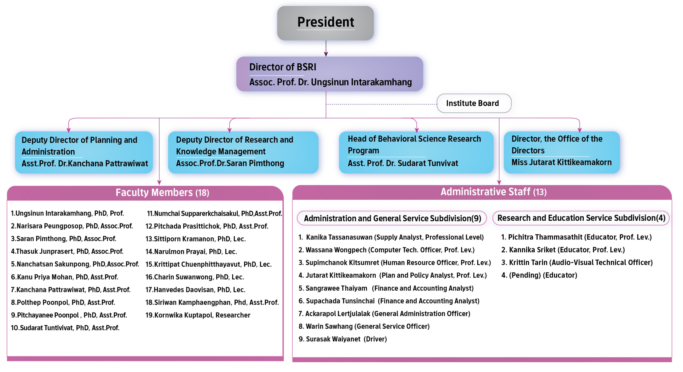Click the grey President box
click(x=325, y=23)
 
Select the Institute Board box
click(x=474, y=103)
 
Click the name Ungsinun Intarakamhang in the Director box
click(x=361, y=82)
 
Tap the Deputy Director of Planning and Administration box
click(x=84, y=152)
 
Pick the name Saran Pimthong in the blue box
click(x=250, y=163)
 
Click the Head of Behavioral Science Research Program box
click(x=416, y=152)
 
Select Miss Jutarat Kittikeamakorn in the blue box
click(x=561, y=162)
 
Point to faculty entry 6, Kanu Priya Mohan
click(x=64, y=277)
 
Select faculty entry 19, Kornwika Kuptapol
click(x=198, y=315)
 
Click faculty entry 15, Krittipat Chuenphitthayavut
click(x=208, y=264)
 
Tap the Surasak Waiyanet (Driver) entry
click(x=343, y=339)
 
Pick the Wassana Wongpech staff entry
click(x=386, y=250)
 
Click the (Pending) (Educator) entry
click(x=539, y=275)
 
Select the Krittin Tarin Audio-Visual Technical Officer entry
click(x=577, y=262)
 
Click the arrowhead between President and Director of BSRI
click(x=326, y=54)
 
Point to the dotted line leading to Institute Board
click(x=381, y=104)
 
